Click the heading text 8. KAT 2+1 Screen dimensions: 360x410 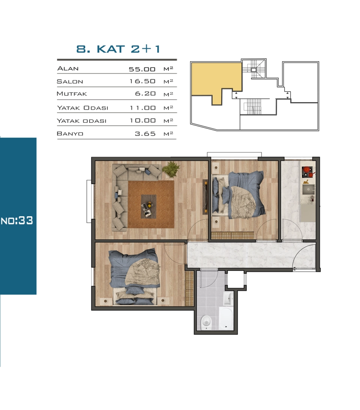[118, 49]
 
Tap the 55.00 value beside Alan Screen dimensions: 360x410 [142, 69]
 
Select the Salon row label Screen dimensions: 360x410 [70, 81]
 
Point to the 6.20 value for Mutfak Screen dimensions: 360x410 [145, 93]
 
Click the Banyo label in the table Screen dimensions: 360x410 [70, 134]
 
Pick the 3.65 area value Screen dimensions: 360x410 [145, 134]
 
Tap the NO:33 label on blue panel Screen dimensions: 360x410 [17, 220]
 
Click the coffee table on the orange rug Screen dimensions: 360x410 [148, 206]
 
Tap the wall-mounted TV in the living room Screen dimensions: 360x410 [205, 197]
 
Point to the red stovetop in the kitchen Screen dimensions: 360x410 [308, 172]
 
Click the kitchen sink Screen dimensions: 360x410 [309, 189]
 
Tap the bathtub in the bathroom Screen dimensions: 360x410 [226, 318]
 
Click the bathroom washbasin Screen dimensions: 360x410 [228, 298]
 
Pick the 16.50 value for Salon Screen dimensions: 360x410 [142, 81]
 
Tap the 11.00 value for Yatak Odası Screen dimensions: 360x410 [142, 107]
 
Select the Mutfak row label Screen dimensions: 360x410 [72, 93]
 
